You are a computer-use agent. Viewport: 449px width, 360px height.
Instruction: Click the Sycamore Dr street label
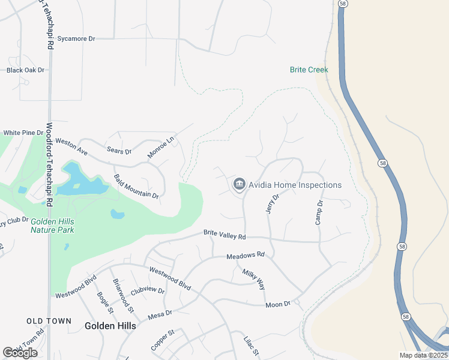click(x=76, y=38)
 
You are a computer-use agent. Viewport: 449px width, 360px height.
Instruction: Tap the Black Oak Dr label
click(x=26, y=70)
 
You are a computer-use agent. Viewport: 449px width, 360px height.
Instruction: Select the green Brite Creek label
click(x=309, y=70)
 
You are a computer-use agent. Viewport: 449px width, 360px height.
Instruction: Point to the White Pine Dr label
click(x=23, y=133)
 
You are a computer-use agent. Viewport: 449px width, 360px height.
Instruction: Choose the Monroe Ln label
click(x=160, y=148)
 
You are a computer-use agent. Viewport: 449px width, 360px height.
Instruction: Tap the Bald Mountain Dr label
click(x=136, y=187)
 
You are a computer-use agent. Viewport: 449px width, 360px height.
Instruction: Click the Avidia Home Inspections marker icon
click(x=240, y=184)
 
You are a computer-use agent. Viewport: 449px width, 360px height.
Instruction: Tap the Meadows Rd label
click(x=245, y=256)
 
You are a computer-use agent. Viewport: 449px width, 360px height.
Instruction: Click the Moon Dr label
click(x=277, y=304)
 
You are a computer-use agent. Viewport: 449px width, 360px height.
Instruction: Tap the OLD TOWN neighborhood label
click(x=49, y=321)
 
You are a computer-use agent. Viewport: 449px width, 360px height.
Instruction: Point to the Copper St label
click(x=162, y=340)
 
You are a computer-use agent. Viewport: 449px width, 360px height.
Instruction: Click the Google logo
click(x=19, y=353)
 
